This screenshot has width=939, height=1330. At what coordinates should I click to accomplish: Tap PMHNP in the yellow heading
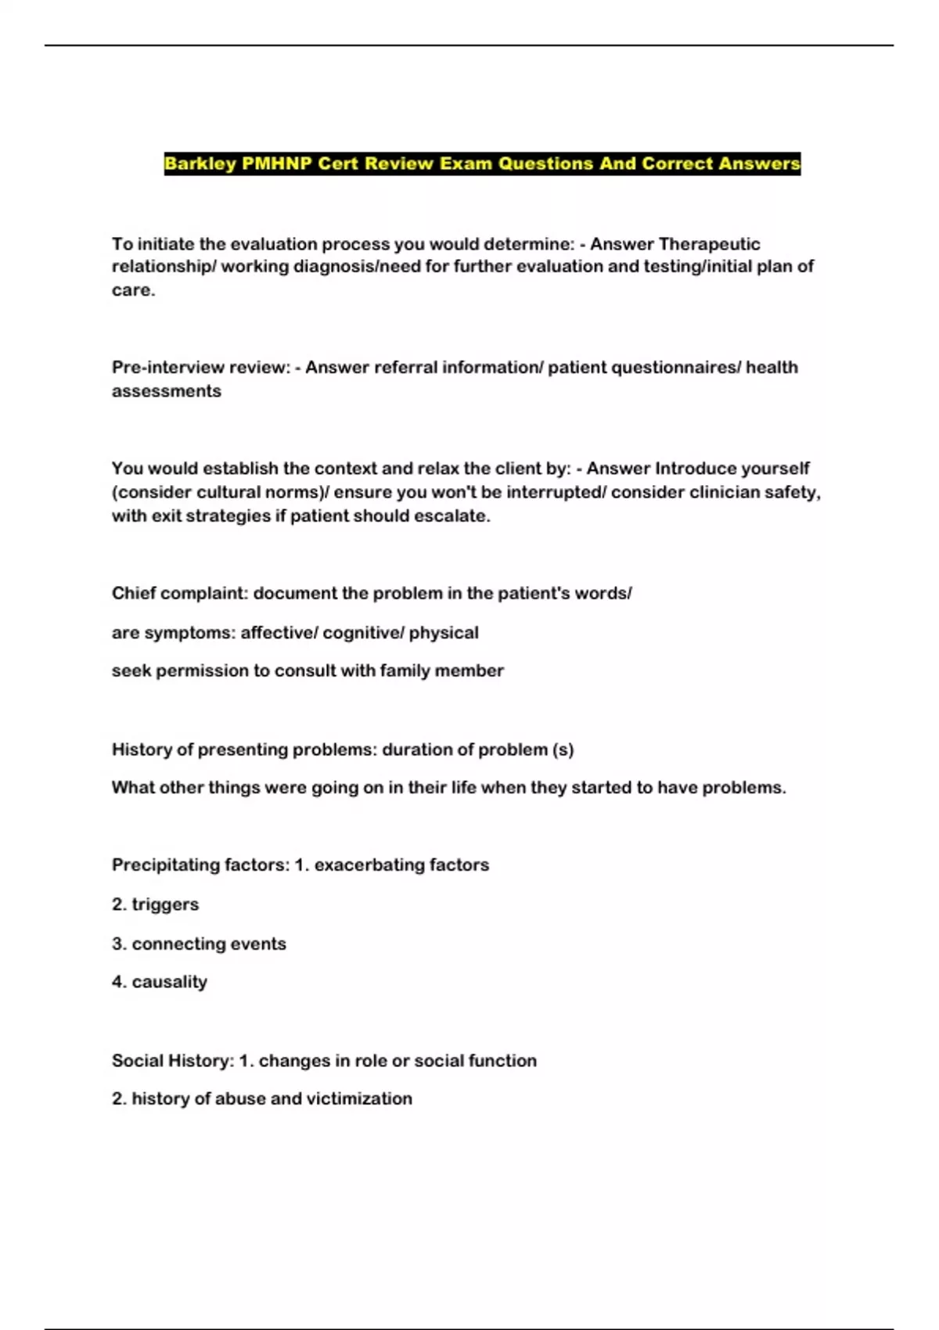276,164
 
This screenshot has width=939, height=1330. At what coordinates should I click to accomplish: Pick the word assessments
167,391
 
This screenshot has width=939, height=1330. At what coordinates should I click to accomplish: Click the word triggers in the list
165,904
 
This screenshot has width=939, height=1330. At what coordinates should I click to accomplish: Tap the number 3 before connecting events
117,944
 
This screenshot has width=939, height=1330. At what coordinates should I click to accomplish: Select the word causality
169,982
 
